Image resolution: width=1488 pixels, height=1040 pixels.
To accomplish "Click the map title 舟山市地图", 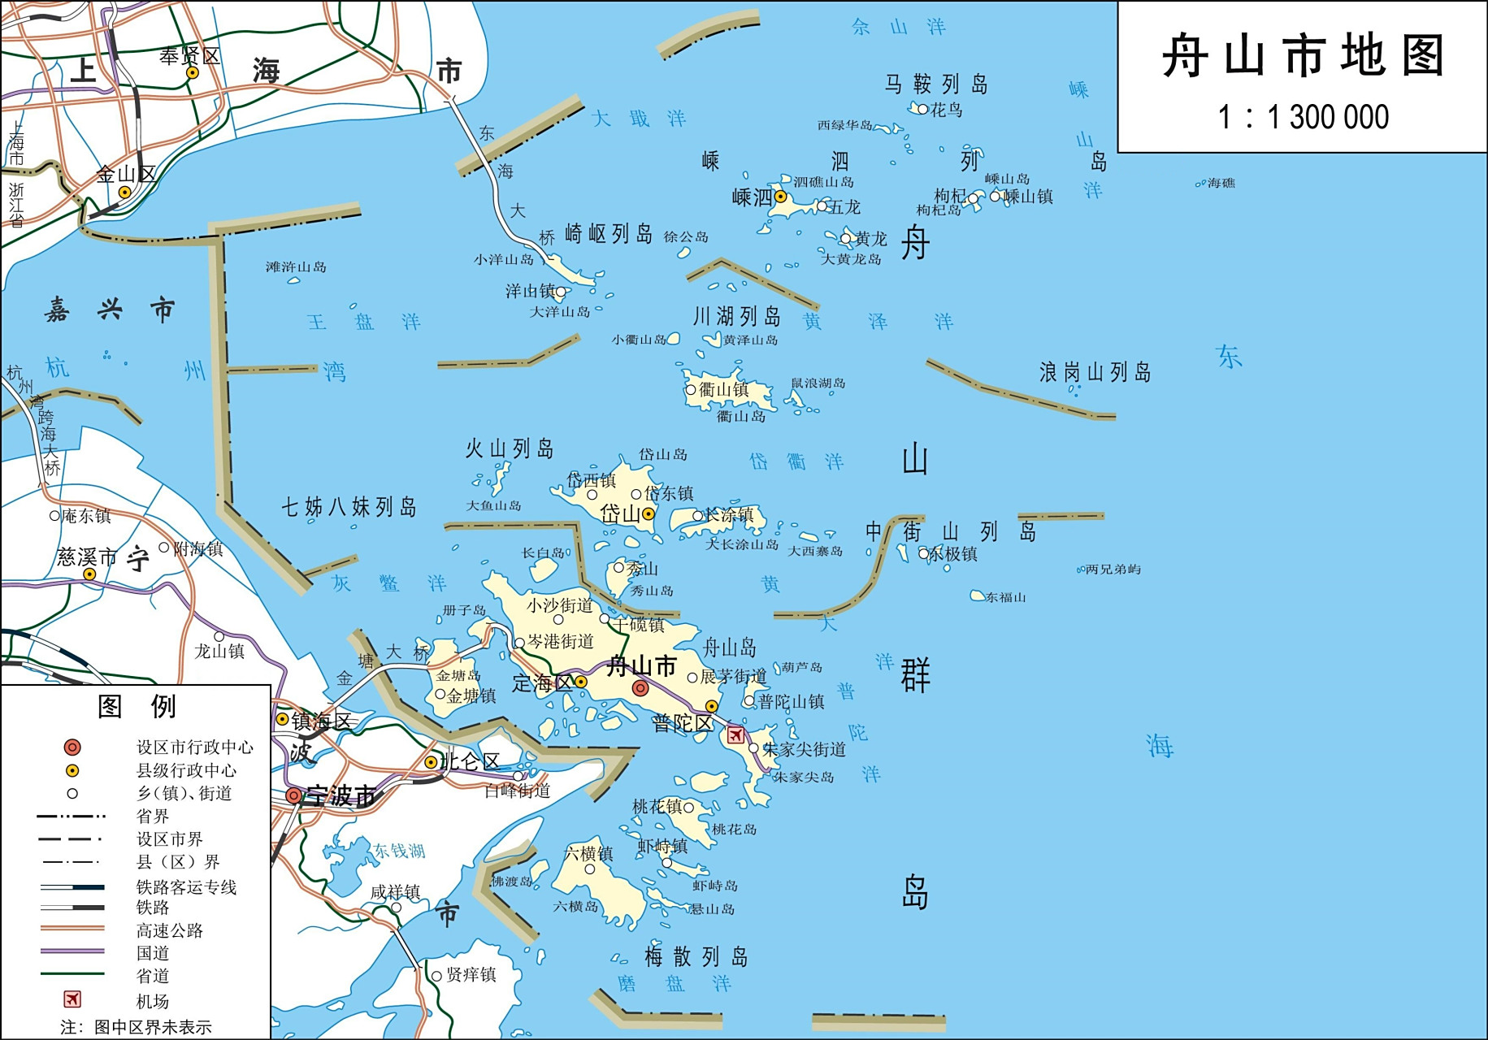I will (x=1303, y=56).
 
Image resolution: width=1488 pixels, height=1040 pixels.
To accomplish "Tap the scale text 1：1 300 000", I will (x=1303, y=117).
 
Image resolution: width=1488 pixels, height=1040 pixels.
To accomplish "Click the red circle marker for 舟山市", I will (x=640, y=688).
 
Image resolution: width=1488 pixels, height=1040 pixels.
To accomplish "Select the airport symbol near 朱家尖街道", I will (x=735, y=735).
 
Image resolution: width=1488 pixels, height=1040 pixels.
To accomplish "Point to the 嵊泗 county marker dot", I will (x=780, y=197).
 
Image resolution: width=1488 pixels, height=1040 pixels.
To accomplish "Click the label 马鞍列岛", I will (x=936, y=84).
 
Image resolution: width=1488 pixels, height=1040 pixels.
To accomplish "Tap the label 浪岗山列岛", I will (x=1095, y=372).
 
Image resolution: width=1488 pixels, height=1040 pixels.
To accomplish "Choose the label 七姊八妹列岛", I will (x=349, y=507).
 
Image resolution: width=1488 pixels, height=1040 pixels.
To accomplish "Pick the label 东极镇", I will (x=953, y=554).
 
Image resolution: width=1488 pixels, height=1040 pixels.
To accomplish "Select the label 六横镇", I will (x=588, y=853).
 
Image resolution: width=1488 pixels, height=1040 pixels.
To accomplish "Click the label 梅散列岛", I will (x=696, y=956).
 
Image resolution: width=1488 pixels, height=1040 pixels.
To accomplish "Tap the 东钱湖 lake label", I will (x=399, y=851).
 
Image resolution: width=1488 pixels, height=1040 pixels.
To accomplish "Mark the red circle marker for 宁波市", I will (x=293, y=796).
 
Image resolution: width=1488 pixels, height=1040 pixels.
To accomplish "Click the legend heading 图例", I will (x=136, y=706).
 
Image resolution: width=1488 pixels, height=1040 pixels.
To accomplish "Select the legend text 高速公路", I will (x=169, y=930).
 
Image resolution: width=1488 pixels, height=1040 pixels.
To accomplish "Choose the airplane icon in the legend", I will (x=72, y=999).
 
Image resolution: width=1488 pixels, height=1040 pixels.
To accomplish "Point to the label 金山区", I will (x=126, y=174).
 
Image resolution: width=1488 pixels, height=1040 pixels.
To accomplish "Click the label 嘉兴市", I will (x=110, y=310).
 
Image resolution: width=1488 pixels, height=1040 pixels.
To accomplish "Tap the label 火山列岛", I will (x=509, y=448).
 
